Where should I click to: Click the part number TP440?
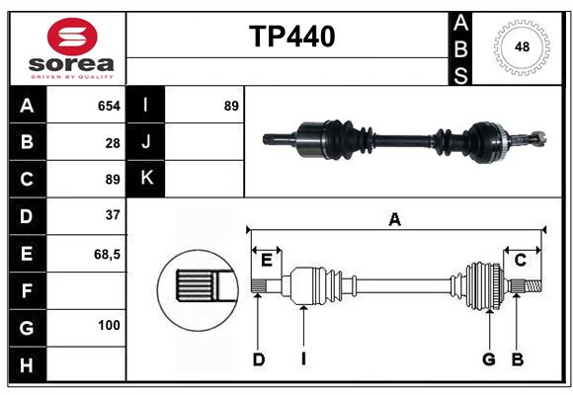click(x=291, y=37)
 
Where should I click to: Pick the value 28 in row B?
click(x=113, y=143)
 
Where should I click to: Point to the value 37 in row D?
click(x=113, y=215)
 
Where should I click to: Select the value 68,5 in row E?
click(x=107, y=254)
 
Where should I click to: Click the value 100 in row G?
click(x=109, y=325)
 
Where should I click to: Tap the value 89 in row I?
click(x=231, y=106)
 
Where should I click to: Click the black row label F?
click(x=27, y=290)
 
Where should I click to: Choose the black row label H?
click(x=27, y=364)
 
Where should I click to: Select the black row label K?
click(x=146, y=178)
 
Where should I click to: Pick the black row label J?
click(x=146, y=142)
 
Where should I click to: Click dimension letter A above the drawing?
click(x=395, y=220)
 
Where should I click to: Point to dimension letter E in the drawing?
click(x=267, y=260)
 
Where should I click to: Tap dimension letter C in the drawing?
click(x=520, y=260)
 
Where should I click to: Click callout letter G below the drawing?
click(x=488, y=359)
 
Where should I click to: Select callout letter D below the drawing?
click(x=258, y=359)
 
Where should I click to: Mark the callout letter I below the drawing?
click(x=304, y=359)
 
